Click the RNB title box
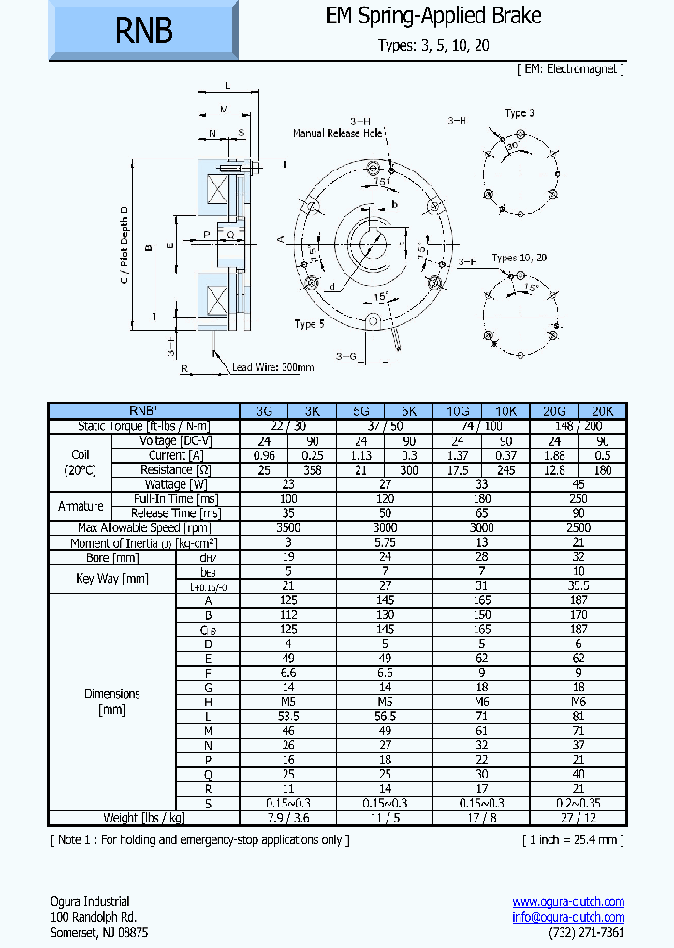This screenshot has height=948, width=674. pyautogui.click(x=144, y=31)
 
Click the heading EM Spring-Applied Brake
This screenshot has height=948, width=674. pyautogui.click(x=432, y=16)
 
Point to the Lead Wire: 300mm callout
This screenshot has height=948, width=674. pyautogui.click(x=272, y=368)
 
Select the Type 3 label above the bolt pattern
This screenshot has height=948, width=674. pyautogui.click(x=520, y=113)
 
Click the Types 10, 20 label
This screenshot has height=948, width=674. pyautogui.click(x=520, y=258)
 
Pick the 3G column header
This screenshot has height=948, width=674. pyautogui.click(x=264, y=410)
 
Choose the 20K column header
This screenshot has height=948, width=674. pyautogui.click(x=603, y=410)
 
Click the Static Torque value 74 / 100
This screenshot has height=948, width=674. pyautogui.click(x=482, y=425)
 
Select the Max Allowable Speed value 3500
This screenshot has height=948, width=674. pyautogui.click(x=288, y=527)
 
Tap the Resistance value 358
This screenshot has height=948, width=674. pyautogui.click(x=313, y=469)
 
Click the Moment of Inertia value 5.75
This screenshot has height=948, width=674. pyautogui.click(x=385, y=542)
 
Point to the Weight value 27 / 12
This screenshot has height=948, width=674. pyautogui.click(x=579, y=818)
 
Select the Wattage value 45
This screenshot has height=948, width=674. pyautogui.click(x=579, y=484)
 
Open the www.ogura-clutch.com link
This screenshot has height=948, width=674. pyautogui.click(x=568, y=901)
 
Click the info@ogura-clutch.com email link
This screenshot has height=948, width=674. pyautogui.click(x=568, y=917)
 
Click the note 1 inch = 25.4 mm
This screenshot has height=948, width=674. pyautogui.click(x=572, y=838)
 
